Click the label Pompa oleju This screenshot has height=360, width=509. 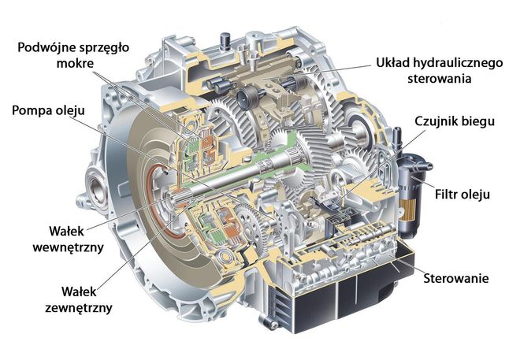pyautogui.click(x=50, y=109)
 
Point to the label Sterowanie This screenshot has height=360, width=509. pyautogui.click(x=457, y=278)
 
